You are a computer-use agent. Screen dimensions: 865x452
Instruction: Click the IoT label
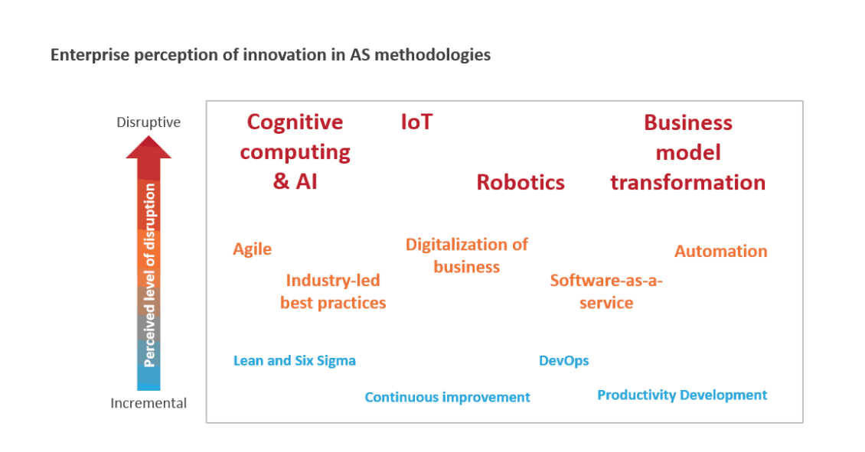(417, 122)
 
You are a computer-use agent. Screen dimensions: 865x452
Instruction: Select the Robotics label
(521, 183)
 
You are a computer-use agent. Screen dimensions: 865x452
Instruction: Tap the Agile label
(252, 249)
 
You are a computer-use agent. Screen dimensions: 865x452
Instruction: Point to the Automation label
(720, 252)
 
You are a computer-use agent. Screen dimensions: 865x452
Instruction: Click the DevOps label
(564, 360)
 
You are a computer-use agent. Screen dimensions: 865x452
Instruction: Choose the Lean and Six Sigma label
(295, 360)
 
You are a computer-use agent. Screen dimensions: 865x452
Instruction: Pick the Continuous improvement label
(447, 397)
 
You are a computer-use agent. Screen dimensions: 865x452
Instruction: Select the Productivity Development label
(682, 395)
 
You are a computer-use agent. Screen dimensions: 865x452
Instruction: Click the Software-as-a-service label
(606, 291)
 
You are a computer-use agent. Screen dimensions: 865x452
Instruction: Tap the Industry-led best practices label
(333, 291)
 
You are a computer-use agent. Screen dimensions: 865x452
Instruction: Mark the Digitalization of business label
(467, 255)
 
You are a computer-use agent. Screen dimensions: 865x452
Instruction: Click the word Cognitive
(295, 122)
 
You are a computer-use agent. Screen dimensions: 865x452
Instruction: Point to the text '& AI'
(295, 181)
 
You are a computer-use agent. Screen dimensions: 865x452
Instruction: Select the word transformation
(688, 183)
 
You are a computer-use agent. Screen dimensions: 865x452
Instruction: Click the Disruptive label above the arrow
(149, 122)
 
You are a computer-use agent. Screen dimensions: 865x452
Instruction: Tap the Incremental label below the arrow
(149, 403)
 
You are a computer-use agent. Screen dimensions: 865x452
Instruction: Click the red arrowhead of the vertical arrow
(149, 148)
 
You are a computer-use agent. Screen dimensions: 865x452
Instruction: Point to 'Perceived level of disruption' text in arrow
(149, 275)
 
